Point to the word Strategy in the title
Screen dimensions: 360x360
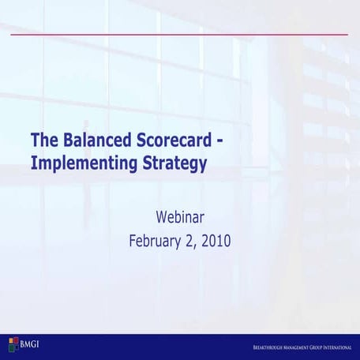click(x=167, y=163)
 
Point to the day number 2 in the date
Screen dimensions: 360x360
click(x=189, y=239)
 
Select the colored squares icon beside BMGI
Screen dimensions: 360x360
click(x=13, y=343)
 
